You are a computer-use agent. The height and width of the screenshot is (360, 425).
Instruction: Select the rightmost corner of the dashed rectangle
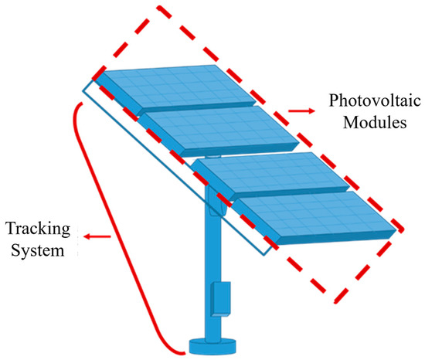click(403, 229)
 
